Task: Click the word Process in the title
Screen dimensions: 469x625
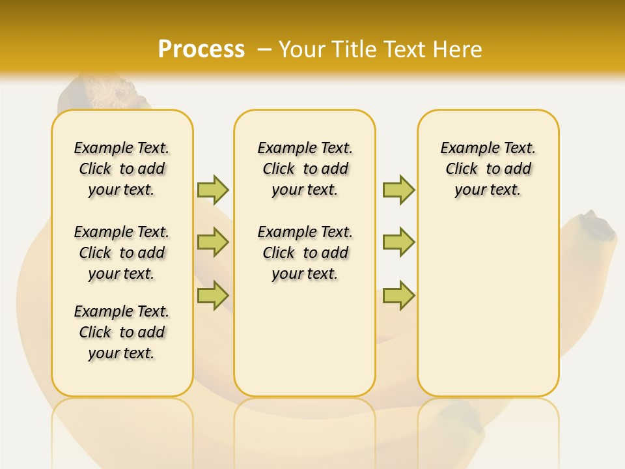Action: (x=201, y=49)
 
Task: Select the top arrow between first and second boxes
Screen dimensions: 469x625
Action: (x=213, y=190)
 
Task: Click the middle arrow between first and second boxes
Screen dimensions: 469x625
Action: (x=213, y=242)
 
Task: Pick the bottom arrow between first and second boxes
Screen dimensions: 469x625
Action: (x=213, y=296)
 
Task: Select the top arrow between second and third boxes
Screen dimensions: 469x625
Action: (x=398, y=190)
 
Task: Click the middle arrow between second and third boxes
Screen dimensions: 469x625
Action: (x=398, y=242)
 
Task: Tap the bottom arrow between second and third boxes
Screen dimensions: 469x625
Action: (x=398, y=296)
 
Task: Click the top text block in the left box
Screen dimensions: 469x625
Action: (x=122, y=169)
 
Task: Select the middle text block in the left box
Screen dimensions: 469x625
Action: (x=122, y=253)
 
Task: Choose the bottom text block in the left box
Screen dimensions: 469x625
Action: (x=122, y=332)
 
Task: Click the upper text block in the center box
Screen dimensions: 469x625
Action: (x=305, y=169)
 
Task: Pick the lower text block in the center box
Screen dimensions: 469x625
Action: (x=305, y=253)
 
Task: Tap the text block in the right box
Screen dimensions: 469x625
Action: (x=488, y=169)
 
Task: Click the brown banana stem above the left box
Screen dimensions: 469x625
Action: (x=98, y=94)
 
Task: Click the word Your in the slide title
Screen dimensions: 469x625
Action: (x=303, y=50)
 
